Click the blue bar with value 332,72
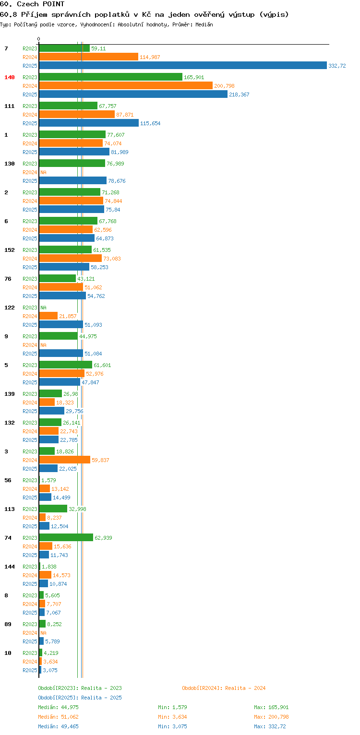[183, 66]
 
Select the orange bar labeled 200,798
[126, 86]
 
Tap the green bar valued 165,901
[111, 77]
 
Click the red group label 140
[10, 77]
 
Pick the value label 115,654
[150, 123]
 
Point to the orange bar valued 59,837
[65, 460]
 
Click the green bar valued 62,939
[66, 537]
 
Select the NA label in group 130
[43, 172]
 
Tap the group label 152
[10, 250]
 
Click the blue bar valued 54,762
[63, 296]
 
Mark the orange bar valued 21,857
[48, 316]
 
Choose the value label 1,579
[48, 480]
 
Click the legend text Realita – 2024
[245, 688]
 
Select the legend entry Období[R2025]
[58, 698]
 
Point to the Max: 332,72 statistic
[270, 726]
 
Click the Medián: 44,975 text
[58, 707]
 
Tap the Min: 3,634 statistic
[172, 717]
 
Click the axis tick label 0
[39, 39]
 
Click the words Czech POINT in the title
[41, 4]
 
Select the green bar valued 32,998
[53, 509]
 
